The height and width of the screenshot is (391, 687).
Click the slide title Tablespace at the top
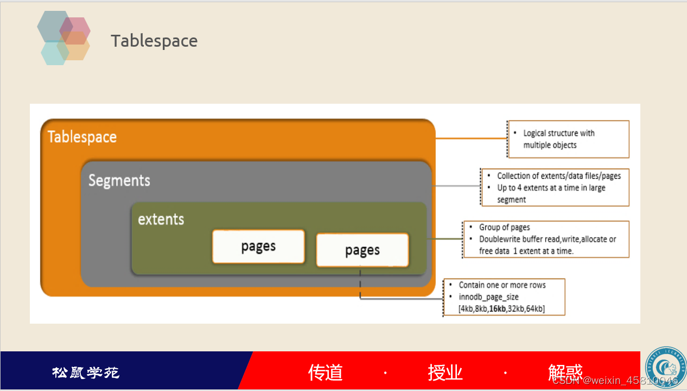pyautogui.click(x=154, y=41)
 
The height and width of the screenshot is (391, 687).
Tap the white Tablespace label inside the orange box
pyautogui.click(x=82, y=137)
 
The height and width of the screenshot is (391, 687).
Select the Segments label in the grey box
pyautogui.click(x=119, y=180)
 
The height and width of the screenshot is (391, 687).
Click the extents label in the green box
pyautogui.click(x=161, y=219)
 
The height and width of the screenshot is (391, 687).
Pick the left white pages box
pyautogui.click(x=258, y=247)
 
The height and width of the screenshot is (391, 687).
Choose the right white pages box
pyautogui.click(x=362, y=250)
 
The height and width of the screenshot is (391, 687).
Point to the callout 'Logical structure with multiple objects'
pyautogui.click(x=558, y=139)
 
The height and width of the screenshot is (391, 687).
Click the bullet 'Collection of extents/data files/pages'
pyautogui.click(x=558, y=176)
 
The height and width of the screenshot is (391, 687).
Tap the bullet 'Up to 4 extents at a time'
pyautogui.click(x=551, y=188)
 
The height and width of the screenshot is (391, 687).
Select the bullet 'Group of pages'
pyautogui.click(x=504, y=228)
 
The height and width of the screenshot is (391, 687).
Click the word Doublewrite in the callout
pyautogui.click(x=500, y=239)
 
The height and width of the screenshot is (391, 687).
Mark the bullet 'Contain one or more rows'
pyautogui.click(x=502, y=285)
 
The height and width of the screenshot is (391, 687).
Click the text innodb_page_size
pyautogui.click(x=488, y=297)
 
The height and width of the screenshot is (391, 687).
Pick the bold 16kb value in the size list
pyautogui.click(x=497, y=309)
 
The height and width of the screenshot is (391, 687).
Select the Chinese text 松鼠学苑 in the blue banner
pyautogui.click(x=86, y=373)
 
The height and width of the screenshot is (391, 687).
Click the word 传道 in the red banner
pyautogui.click(x=326, y=373)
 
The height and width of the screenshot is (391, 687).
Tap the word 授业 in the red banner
pyautogui.click(x=445, y=373)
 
